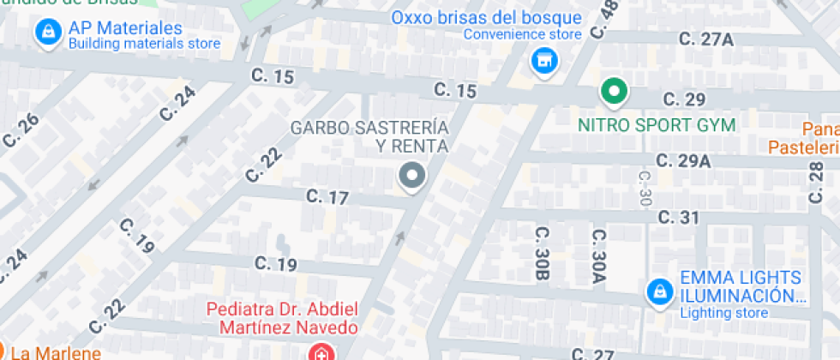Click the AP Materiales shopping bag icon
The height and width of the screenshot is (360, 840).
[47, 33]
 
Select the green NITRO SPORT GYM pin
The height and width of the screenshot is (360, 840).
[614, 91]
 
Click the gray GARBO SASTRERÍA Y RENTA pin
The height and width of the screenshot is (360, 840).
[412, 177]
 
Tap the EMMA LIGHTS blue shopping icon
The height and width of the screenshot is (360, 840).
[658, 291]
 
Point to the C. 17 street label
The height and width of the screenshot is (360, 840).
[327, 198]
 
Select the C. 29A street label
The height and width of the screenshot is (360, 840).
[683, 161]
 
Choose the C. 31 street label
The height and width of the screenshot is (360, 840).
[679, 218]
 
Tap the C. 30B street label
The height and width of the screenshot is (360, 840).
[542, 255]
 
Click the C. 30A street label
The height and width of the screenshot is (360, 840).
[597, 255]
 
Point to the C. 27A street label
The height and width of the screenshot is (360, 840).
[705, 39]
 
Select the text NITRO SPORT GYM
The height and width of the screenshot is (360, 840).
[657, 125]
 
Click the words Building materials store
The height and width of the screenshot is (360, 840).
[144, 44]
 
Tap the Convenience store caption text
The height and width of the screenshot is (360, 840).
[522, 34]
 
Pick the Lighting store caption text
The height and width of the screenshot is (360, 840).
[723, 313]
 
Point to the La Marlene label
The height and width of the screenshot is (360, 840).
[55, 352]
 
